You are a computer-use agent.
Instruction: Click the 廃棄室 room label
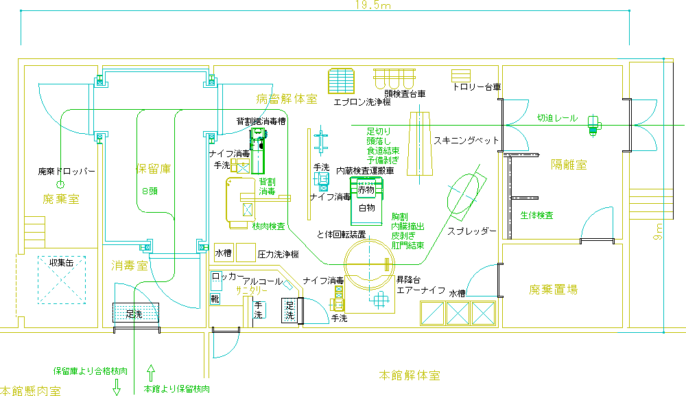click(x=61, y=200)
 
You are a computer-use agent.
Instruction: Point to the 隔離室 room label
click(x=569, y=165)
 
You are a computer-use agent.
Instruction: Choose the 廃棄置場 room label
click(x=553, y=290)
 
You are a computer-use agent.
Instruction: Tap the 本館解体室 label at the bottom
click(x=410, y=376)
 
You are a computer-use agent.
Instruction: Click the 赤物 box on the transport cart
click(x=367, y=189)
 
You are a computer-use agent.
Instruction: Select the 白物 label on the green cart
click(x=368, y=207)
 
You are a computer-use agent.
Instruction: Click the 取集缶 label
click(x=61, y=263)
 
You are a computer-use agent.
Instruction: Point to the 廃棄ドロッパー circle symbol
click(x=60, y=185)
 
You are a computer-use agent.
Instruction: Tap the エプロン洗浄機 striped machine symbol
click(x=342, y=81)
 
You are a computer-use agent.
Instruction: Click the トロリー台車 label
click(x=476, y=88)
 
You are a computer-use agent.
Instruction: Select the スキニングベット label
click(x=466, y=140)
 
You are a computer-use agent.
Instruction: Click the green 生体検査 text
click(x=536, y=216)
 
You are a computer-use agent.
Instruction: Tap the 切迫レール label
click(x=557, y=118)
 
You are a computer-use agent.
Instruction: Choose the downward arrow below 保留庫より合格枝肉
click(x=117, y=386)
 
